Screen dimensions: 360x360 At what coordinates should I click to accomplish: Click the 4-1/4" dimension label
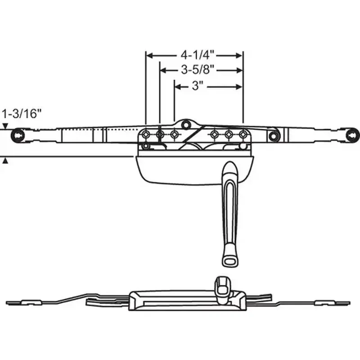coord(194,55)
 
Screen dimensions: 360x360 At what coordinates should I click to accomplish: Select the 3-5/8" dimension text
coord(197,70)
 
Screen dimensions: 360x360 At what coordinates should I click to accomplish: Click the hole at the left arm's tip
coord(17,134)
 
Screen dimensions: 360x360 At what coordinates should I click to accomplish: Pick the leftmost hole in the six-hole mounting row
coord(146,134)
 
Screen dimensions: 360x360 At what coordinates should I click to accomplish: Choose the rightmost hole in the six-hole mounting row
coord(243,134)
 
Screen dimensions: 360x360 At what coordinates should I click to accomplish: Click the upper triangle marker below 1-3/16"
coord(5,126)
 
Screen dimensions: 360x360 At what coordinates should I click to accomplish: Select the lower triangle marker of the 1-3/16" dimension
coord(5,160)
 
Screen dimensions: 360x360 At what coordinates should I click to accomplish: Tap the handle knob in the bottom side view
coord(222,284)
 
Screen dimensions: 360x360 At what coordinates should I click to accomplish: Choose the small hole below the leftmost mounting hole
coord(146,146)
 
